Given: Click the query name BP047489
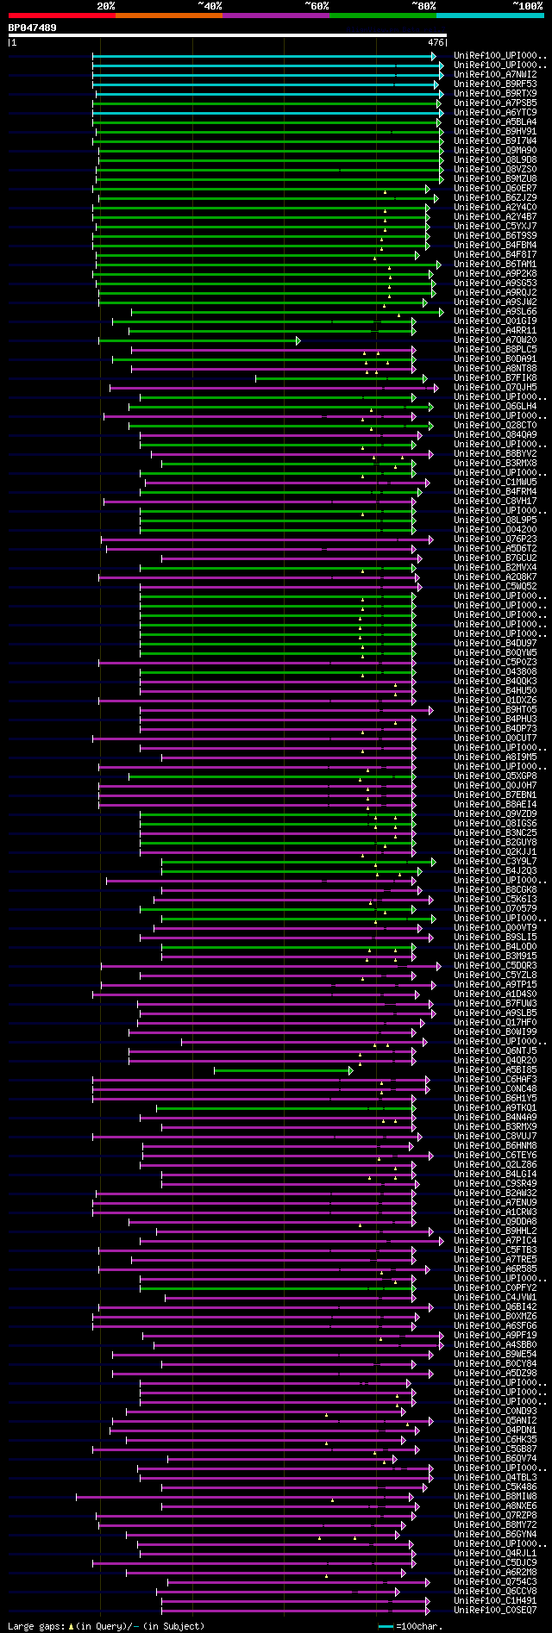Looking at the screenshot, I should (33, 28).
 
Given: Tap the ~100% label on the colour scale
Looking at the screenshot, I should (527, 6).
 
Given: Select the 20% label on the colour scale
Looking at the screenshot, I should (106, 6).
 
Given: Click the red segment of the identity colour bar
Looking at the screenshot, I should (61, 16).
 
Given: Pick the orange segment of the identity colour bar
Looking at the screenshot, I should (168, 16).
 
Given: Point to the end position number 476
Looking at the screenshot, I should (436, 42).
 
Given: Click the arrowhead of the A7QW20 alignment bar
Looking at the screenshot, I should (298, 340).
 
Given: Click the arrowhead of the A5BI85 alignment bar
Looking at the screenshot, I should (350, 1070).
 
